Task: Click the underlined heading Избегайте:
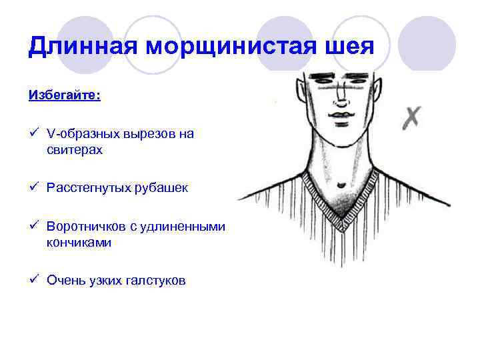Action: (x=65, y=95)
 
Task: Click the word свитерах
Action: (x=75, y=150)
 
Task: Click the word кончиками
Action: (x=79, y=243)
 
